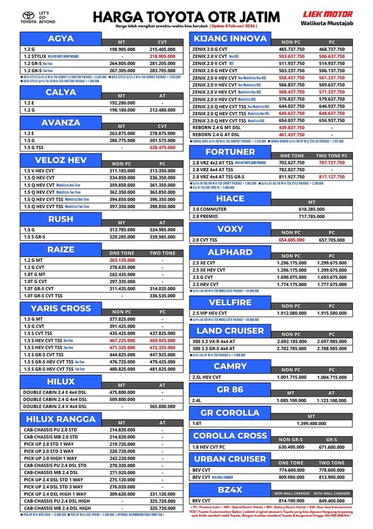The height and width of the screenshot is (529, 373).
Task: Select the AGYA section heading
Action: click(61, 39)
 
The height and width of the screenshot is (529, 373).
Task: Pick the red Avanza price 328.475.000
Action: click(162, 147)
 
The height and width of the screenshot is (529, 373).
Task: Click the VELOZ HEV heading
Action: click(61, 160)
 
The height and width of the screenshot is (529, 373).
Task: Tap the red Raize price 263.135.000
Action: click(122, 260)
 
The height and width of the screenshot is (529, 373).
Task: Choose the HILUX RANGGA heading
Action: click(61, 418)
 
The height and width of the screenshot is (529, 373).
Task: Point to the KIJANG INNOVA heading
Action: click(230, 39)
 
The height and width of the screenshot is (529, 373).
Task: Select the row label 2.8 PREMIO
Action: click(205, 216)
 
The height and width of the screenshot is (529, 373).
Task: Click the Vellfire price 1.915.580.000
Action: click(331, 313)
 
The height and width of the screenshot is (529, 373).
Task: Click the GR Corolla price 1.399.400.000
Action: click(311, 424)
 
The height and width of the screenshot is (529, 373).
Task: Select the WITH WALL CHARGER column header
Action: click(331, 493)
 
